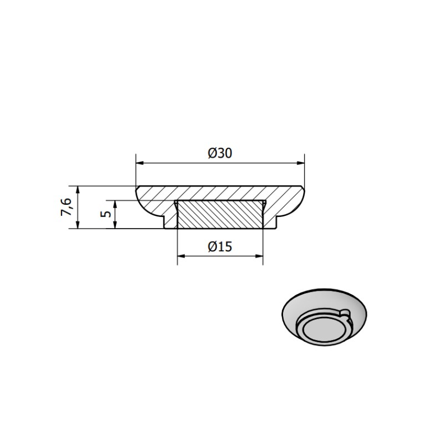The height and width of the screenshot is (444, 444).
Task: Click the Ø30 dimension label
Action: click(220, 153)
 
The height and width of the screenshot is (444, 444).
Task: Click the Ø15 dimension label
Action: click(220, 246)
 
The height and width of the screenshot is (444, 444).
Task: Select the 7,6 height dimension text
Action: click(66, 207)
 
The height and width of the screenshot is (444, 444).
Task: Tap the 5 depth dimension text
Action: click(105, 214)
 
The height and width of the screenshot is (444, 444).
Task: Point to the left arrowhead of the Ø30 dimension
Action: click(140, 163)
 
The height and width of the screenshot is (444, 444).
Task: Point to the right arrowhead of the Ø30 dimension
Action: click(300, 163)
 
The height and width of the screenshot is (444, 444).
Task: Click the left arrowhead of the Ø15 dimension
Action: click(181, 256)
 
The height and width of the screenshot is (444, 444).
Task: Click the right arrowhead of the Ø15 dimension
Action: click(259, 256)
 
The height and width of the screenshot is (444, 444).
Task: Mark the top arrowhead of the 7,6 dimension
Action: click(78, 190)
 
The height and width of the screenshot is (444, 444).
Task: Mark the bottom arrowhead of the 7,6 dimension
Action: click(78, 224)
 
